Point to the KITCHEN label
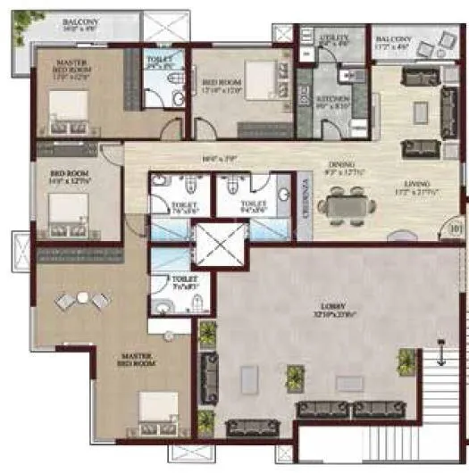(x=334, y=97)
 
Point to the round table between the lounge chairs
(x=82, y=297)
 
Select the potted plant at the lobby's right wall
(x=406, y=361)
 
